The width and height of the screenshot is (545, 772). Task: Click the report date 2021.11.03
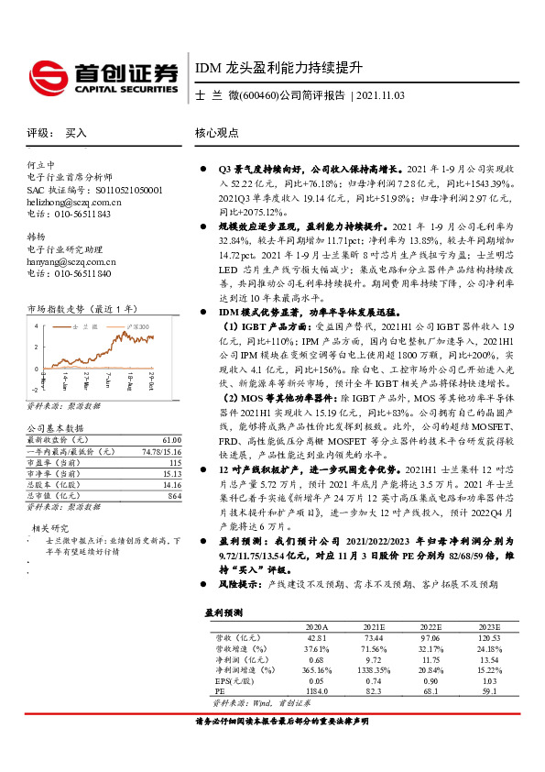(378, 95)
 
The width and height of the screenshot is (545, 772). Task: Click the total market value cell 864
(174, 495)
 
